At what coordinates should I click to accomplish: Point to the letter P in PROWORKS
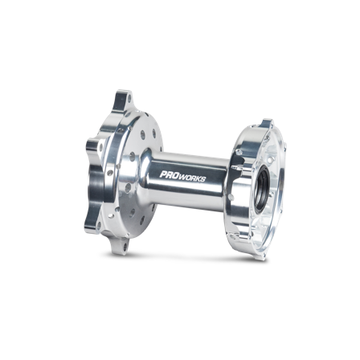point(163,174)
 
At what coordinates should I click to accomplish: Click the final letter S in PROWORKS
point(203,179)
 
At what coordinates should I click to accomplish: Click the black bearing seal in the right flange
point(260,189)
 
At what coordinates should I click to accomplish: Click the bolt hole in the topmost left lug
point(130,99)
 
